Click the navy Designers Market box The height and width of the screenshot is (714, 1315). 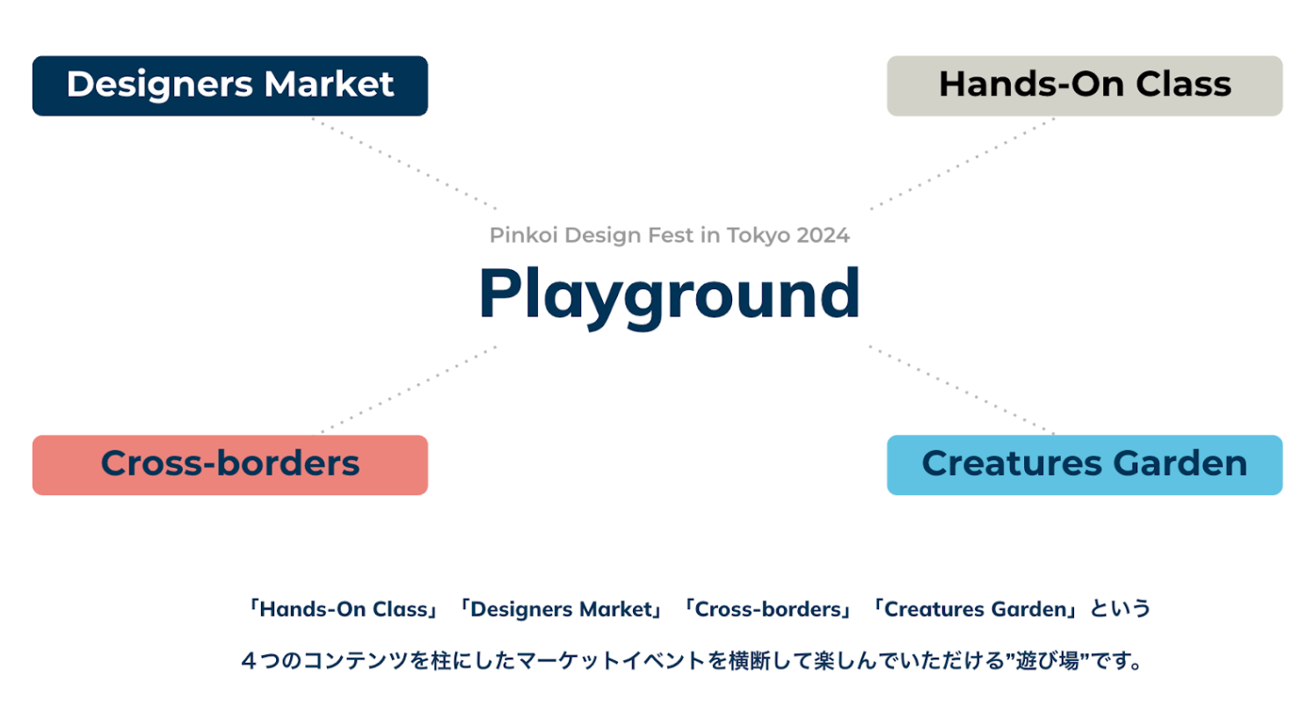(229, 85)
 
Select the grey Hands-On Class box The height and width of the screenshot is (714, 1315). (1084, 85)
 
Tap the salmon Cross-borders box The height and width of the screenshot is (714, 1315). (229, 464)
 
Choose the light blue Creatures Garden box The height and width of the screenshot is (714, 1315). (1084, 464)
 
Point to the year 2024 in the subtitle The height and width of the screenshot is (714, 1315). (824, 236)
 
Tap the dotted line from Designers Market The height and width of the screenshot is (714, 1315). (403, 164)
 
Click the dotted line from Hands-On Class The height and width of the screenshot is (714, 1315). (963, 164)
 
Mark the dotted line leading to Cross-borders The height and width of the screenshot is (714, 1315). (409, 390)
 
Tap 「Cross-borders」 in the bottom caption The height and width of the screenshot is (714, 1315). (768, 609)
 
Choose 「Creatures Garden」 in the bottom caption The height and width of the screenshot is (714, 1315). (974, 609)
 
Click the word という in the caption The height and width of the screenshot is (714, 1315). (1121, 609)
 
